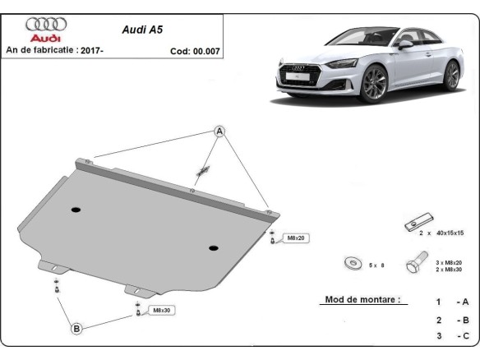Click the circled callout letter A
click(220, 132)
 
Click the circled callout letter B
click(76, 329)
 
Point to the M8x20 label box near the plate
click(294, 238)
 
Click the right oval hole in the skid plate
click(213, 247)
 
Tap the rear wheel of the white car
click(450, 75)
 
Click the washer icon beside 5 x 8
click(353, 264)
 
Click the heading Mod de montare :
click(362, 300)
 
